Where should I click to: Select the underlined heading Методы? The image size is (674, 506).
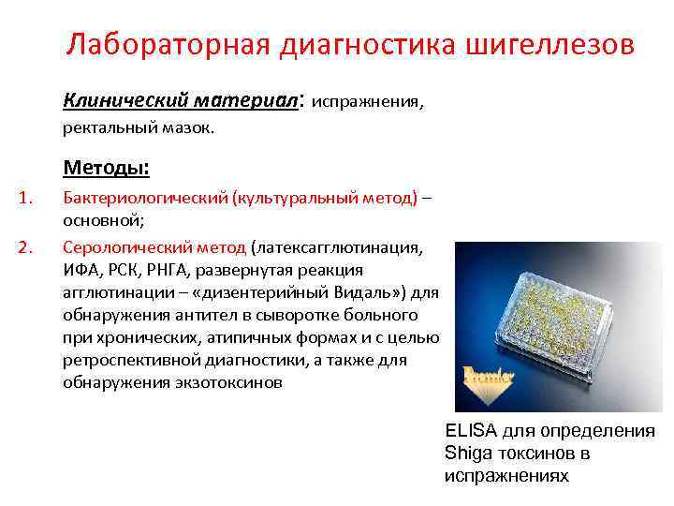(x=106, y=168)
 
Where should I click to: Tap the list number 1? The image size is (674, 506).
(x=27, y=198)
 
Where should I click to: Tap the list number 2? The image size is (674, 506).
(x=27, y=248)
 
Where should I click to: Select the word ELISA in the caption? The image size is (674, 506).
(x=471, y=431)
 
